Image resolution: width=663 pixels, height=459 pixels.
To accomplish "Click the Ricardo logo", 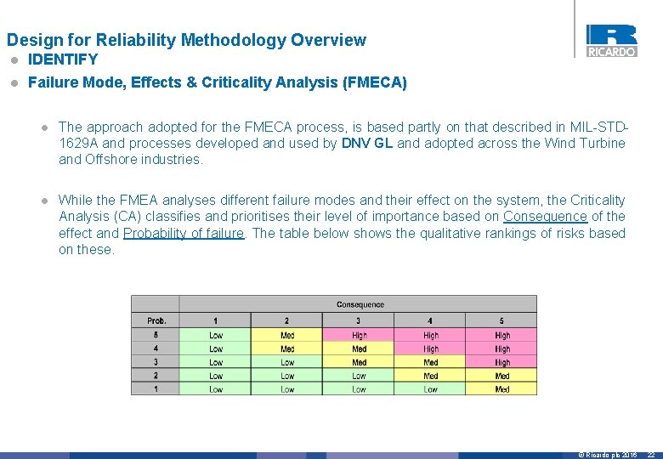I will (611, 40).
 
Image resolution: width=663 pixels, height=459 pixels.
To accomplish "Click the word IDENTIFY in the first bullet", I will (63, 59).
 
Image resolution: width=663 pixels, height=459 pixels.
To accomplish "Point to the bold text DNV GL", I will (366, 143).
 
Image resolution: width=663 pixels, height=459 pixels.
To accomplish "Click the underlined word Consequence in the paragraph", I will (545, 217).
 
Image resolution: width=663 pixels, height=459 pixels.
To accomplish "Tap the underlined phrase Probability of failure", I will (184, 233).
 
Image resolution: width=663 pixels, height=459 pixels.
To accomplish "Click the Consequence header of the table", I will (360, 304).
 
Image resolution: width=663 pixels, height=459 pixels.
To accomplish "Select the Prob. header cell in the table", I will (156, 320).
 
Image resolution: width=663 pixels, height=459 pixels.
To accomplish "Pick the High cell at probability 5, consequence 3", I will (360, 335).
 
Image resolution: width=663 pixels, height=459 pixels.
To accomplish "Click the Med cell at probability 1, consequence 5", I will (502, 389).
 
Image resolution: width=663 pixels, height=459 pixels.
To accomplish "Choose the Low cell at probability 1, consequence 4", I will (431, 389).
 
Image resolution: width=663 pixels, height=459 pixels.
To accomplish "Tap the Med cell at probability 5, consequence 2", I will (287, 335).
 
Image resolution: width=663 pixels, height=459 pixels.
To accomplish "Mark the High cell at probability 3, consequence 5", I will (502, 362).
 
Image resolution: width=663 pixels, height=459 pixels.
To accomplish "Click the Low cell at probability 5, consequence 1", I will (216, 335).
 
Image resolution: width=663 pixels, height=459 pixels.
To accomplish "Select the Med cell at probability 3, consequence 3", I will (360, 362).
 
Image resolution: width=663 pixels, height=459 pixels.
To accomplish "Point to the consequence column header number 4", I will (431, 320).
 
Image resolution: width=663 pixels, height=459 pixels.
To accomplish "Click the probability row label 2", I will (156, 376).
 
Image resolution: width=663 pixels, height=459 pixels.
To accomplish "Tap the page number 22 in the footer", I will (650, 455).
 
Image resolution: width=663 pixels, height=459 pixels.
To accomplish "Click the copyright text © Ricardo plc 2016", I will (607, 455).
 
